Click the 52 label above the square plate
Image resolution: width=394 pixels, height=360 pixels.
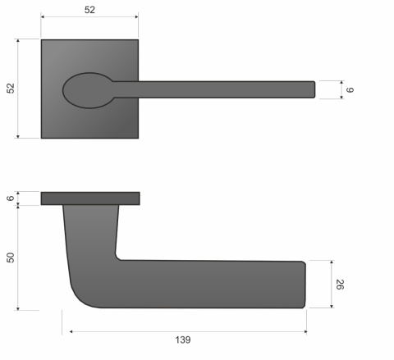tap(89, 10)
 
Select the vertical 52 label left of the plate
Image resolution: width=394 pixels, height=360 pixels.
tap(11, 89)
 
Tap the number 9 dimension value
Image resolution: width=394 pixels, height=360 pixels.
tap(350, 89)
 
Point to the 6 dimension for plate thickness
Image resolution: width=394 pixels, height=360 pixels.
tap(11, 198)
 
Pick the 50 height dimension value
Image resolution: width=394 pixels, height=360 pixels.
tap(11, 257)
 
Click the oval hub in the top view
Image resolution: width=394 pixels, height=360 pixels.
tap(87, 89)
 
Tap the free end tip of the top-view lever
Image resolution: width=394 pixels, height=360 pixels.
tap(313, 89)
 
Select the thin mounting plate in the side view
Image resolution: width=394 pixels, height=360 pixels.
tap(89, 198)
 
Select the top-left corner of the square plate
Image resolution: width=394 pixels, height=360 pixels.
tap(42, 39)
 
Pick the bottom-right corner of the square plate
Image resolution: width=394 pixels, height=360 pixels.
tap(137, 137)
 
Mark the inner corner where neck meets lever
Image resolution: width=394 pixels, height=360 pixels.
tap(118, 257)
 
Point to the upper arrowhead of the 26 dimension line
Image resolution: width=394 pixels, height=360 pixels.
tap(332, 264)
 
